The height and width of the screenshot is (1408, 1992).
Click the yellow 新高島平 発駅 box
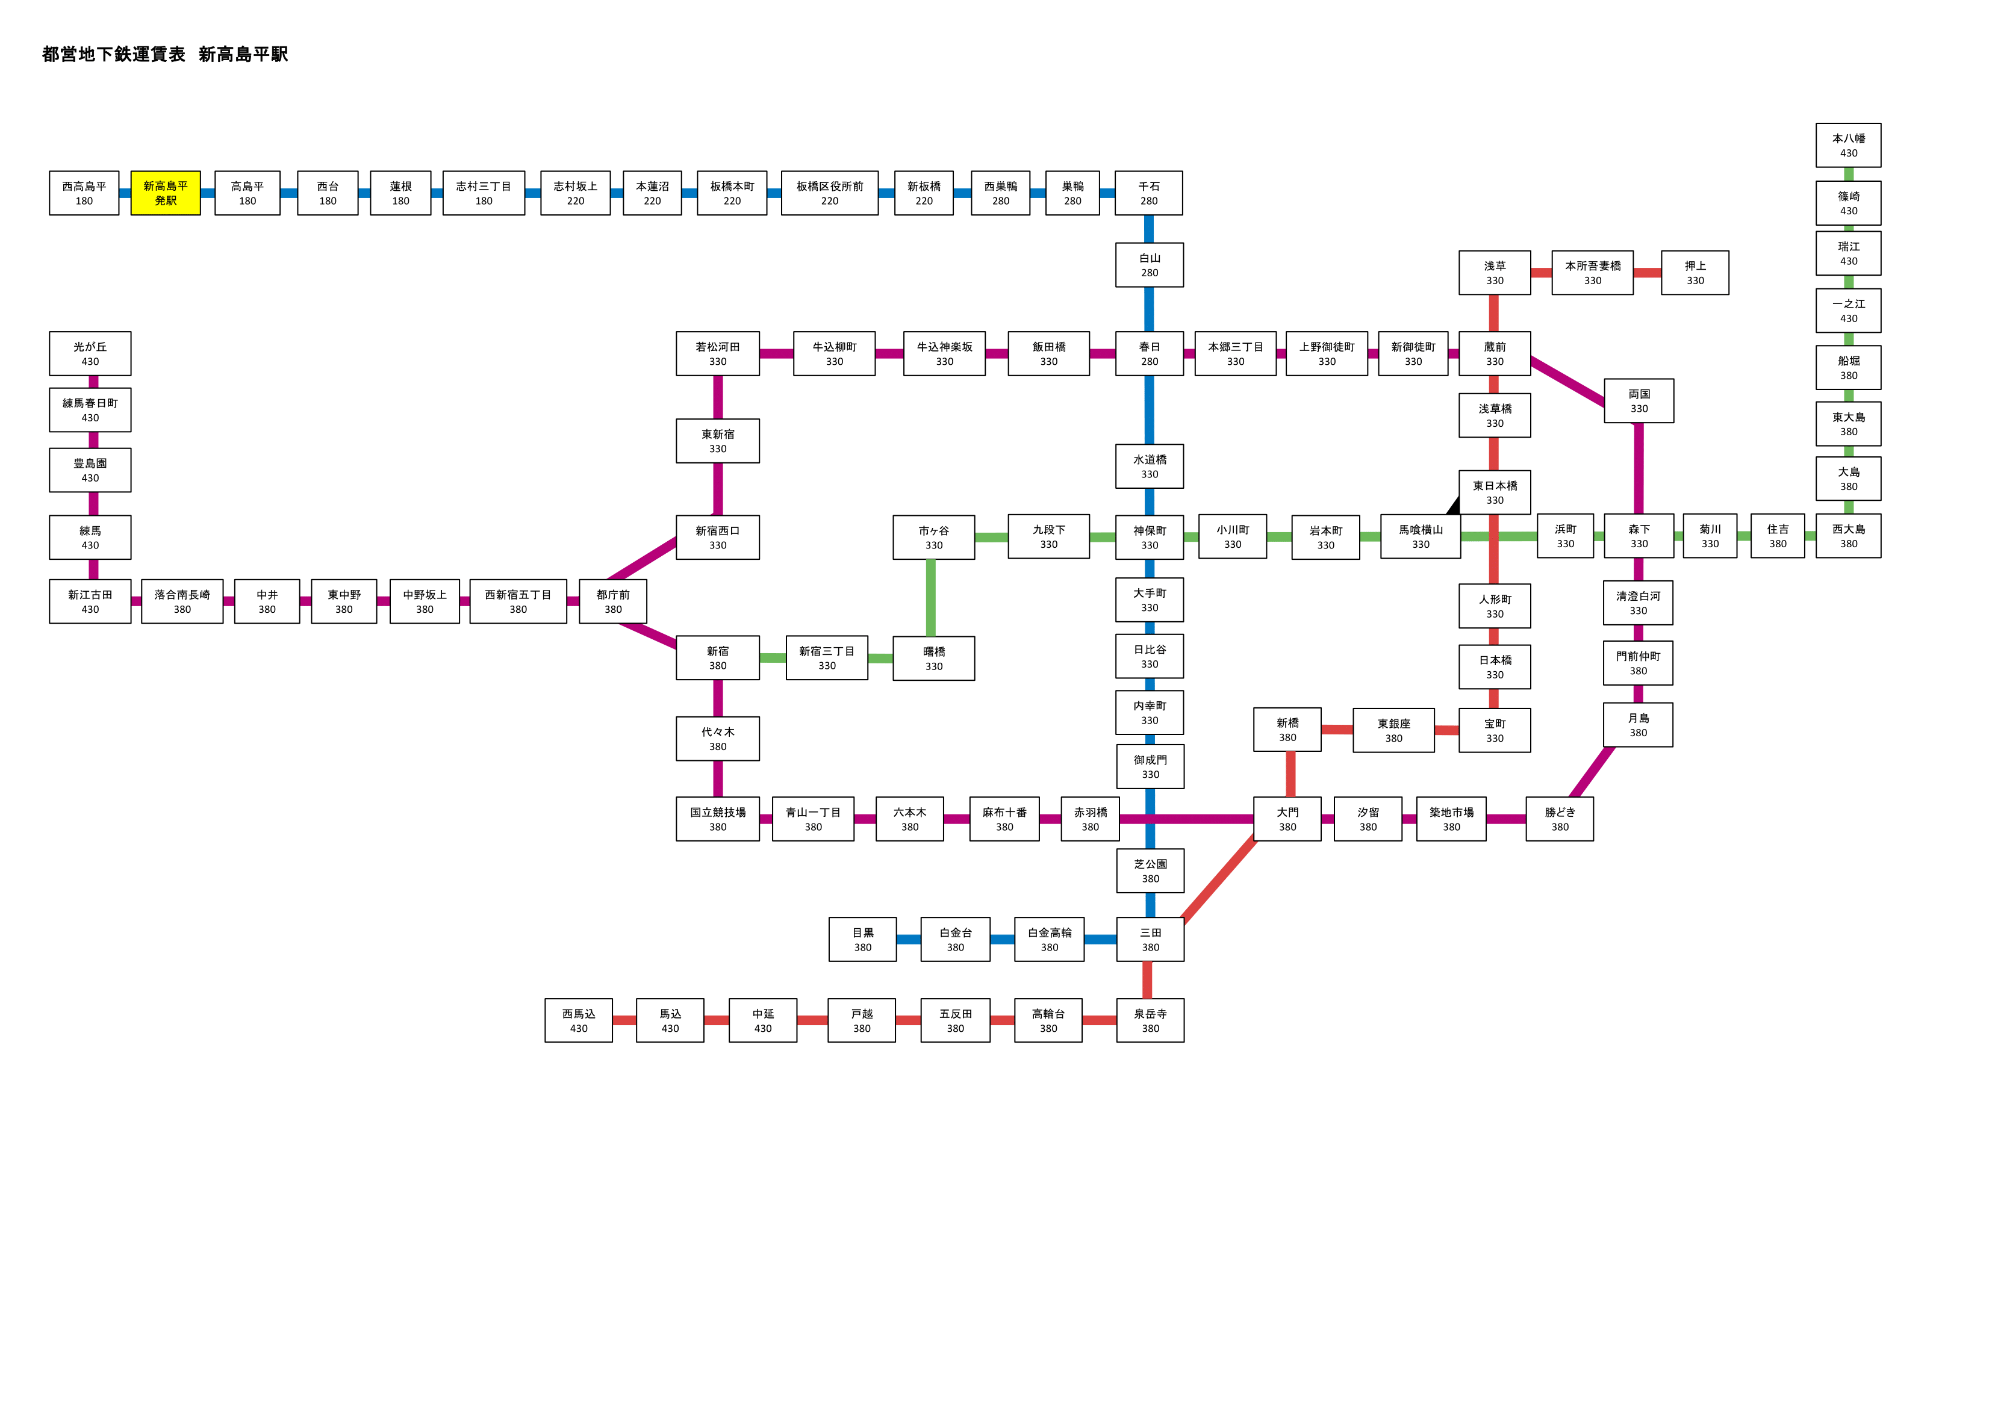[166, 193]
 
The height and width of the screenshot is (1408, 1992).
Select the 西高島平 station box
[84, 193]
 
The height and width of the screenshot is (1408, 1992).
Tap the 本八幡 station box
[1848, 145]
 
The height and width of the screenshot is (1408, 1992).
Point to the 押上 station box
[1695, 273]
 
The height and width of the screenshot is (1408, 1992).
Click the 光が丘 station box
[90, 353]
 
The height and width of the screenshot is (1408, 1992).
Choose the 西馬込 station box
[579, 1020]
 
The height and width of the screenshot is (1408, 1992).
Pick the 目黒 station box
[862, 940]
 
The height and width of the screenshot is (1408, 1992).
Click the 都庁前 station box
[612, 601]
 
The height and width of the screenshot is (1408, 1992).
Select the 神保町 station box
[1150, 537]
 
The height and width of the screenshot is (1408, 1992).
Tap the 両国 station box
[1639, 401]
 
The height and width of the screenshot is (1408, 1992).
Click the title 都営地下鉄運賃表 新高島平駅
[165, 54]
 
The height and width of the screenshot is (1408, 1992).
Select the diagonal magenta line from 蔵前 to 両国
[1567, 381]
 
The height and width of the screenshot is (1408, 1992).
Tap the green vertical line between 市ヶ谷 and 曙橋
[931, 598]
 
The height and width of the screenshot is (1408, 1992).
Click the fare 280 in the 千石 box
[1149, 201]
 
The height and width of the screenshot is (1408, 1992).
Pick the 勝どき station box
[1559, 819]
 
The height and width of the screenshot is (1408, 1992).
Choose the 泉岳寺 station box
[1150, 1020]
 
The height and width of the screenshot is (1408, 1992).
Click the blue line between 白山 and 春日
[1149, 309]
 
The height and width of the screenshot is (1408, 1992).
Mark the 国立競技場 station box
[718, 819]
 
